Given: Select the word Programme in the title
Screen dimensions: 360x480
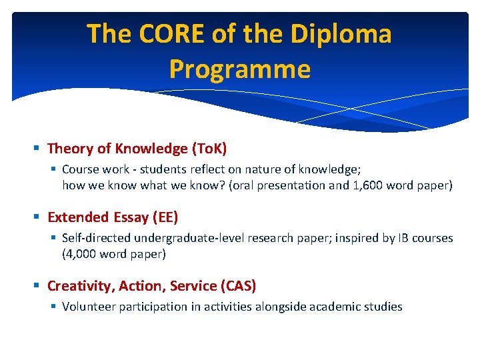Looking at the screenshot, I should point(240,69).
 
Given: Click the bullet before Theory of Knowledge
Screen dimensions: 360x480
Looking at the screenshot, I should point(38,148).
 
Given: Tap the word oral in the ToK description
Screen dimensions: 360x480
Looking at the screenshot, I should point(246,185).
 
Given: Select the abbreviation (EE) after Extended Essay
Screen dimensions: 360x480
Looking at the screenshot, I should point(165,217).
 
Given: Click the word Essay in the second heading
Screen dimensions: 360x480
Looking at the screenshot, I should point(130,217).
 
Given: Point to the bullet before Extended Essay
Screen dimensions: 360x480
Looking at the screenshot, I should point(38,217).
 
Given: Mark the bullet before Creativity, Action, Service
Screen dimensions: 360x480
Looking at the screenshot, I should point(38,286).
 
